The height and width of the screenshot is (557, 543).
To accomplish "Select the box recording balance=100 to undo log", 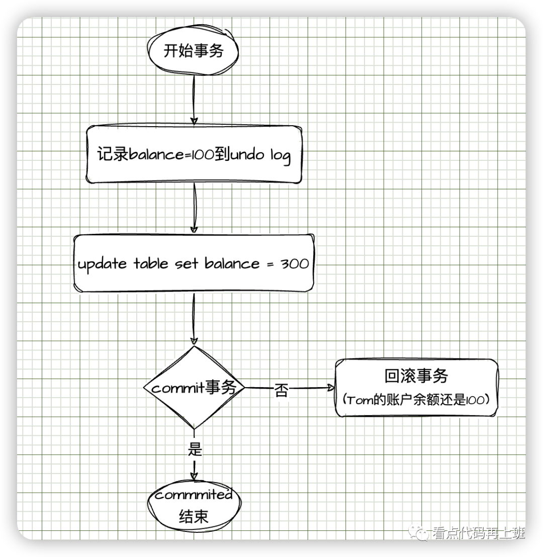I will (x=194, y=154).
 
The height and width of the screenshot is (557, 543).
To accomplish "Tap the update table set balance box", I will (x=194, y=263).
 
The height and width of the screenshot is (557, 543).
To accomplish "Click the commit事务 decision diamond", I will (x=194, y=388).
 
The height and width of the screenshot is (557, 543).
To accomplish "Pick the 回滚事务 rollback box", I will (x=416, y=388).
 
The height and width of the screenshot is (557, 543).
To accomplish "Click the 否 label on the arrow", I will (x=282, y=391).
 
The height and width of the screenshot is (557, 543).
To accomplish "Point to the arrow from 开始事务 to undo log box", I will (x=194, y=98).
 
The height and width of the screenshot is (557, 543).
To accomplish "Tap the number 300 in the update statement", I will (x=295, y=264).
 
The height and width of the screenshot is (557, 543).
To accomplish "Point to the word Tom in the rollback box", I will (x=358, y=400).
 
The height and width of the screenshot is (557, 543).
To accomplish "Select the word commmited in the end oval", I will (x=194, y=495).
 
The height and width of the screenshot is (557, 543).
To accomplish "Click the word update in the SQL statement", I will (x=102, y=264).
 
